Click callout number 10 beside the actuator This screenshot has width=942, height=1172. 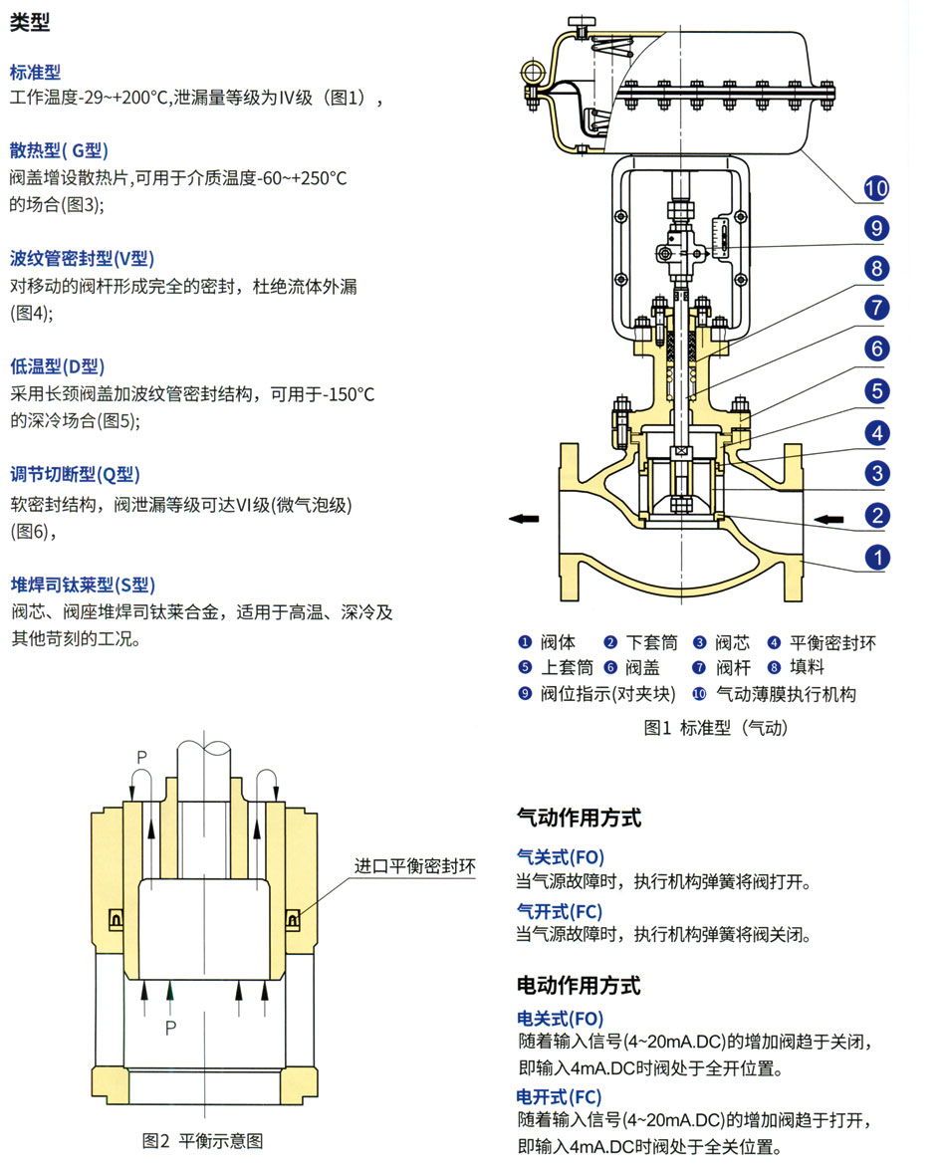point(875,188)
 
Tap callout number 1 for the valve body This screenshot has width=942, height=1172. point(875,557)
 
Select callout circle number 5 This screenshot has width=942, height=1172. point(875,390)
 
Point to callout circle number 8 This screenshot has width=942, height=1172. point(875,268)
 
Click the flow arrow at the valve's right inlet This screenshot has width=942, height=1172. point(829,518)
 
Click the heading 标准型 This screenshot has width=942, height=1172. point(36,72)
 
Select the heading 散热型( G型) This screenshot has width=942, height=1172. point(59,151)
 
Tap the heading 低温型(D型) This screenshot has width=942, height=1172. point(57,366)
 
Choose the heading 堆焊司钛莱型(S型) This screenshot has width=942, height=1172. point(83,585)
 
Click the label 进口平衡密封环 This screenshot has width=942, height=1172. point(415,865)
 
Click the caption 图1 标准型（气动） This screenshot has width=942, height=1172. point(716,728)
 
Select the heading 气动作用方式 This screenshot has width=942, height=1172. point(579,819)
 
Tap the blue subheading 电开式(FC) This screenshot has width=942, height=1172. point(559,1096)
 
